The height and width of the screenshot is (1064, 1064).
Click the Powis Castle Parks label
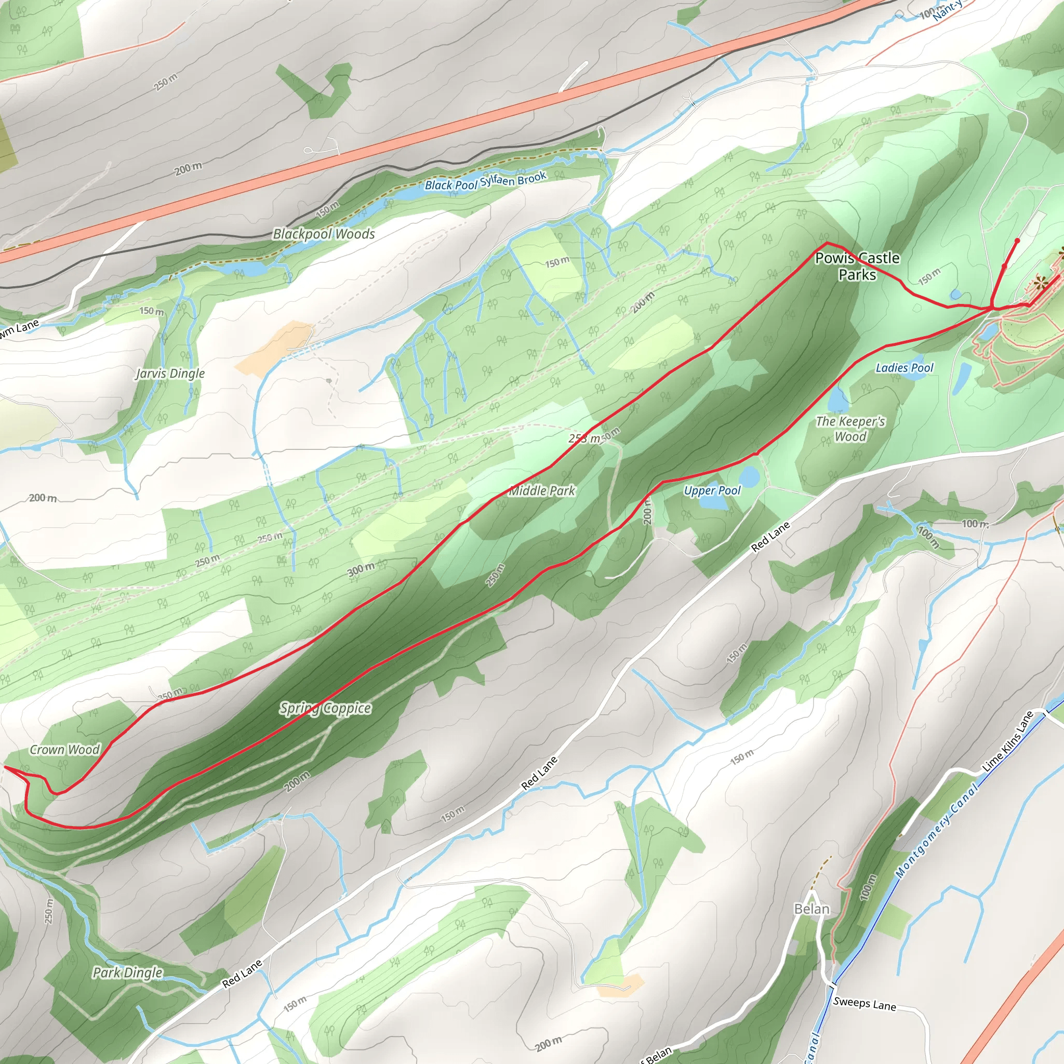click(x=857, y=266)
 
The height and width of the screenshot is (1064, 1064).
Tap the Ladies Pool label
click(x=905, y=368)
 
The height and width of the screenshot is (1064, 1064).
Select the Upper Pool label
click(x=712, y=490)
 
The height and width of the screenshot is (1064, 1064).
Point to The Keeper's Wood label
click(x=850, y=429)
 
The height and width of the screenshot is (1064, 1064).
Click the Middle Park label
click(x=542, y=490)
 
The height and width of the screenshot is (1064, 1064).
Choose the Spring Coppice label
click(x=325, y=708)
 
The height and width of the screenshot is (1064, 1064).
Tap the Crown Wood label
click(x=64, y=750)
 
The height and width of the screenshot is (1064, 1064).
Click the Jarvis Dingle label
click(x=170, y=374)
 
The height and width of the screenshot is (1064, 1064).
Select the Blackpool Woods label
click(x=324, y=234)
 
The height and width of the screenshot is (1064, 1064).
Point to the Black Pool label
click(x=450, y=185)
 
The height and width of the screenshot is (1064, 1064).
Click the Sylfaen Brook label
click(x=513, y=179)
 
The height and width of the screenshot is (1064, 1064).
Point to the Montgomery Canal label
click(x=936, y=831)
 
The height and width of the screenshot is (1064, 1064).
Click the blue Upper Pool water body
click(x=749, y=476)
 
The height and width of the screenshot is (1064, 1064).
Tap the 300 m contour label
click(x=361, y=570)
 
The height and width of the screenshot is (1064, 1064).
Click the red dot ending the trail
click(x=1017, y=241)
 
